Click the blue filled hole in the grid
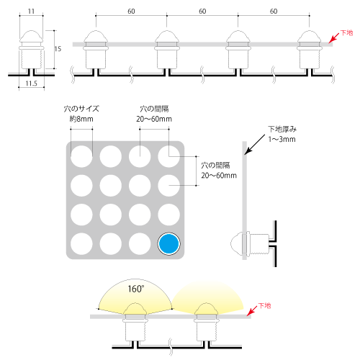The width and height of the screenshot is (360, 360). click(x=168, y=243)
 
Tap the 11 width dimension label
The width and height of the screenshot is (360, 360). click(x=31, y=12)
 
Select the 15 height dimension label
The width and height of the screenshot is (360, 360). click(x=58, y=49)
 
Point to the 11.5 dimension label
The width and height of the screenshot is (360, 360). click(x=32, y=84)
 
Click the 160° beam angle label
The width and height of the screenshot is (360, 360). click(x=136, y=289)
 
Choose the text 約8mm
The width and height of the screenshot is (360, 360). click(x=81, y=119)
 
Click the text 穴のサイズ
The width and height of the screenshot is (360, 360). click(x=81, y=109)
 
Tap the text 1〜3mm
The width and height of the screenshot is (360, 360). click(x=282, y=139)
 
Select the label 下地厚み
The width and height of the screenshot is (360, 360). click(x=282, y=129)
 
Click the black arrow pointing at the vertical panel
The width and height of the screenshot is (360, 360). click(x=255, y=144)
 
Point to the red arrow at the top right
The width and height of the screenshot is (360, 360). click(x=334, y=38)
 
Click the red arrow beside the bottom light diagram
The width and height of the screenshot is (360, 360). click(x=253, y=310)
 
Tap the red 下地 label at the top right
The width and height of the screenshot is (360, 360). click(x=347, y=32)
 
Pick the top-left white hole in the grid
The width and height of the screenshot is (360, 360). click(x=81, y=156)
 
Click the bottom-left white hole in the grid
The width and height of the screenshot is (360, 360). click(x=81, y=243)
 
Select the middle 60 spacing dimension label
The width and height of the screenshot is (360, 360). click(x=202, y=12)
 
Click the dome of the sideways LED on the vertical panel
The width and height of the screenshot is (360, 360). click(x=236, y=243)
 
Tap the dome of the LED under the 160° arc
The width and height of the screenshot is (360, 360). click(x=135, y=309)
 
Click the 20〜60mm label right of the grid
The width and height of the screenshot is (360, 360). click(x=219, y=176)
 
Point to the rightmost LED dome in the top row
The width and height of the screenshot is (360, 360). click(x=309, y=36)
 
